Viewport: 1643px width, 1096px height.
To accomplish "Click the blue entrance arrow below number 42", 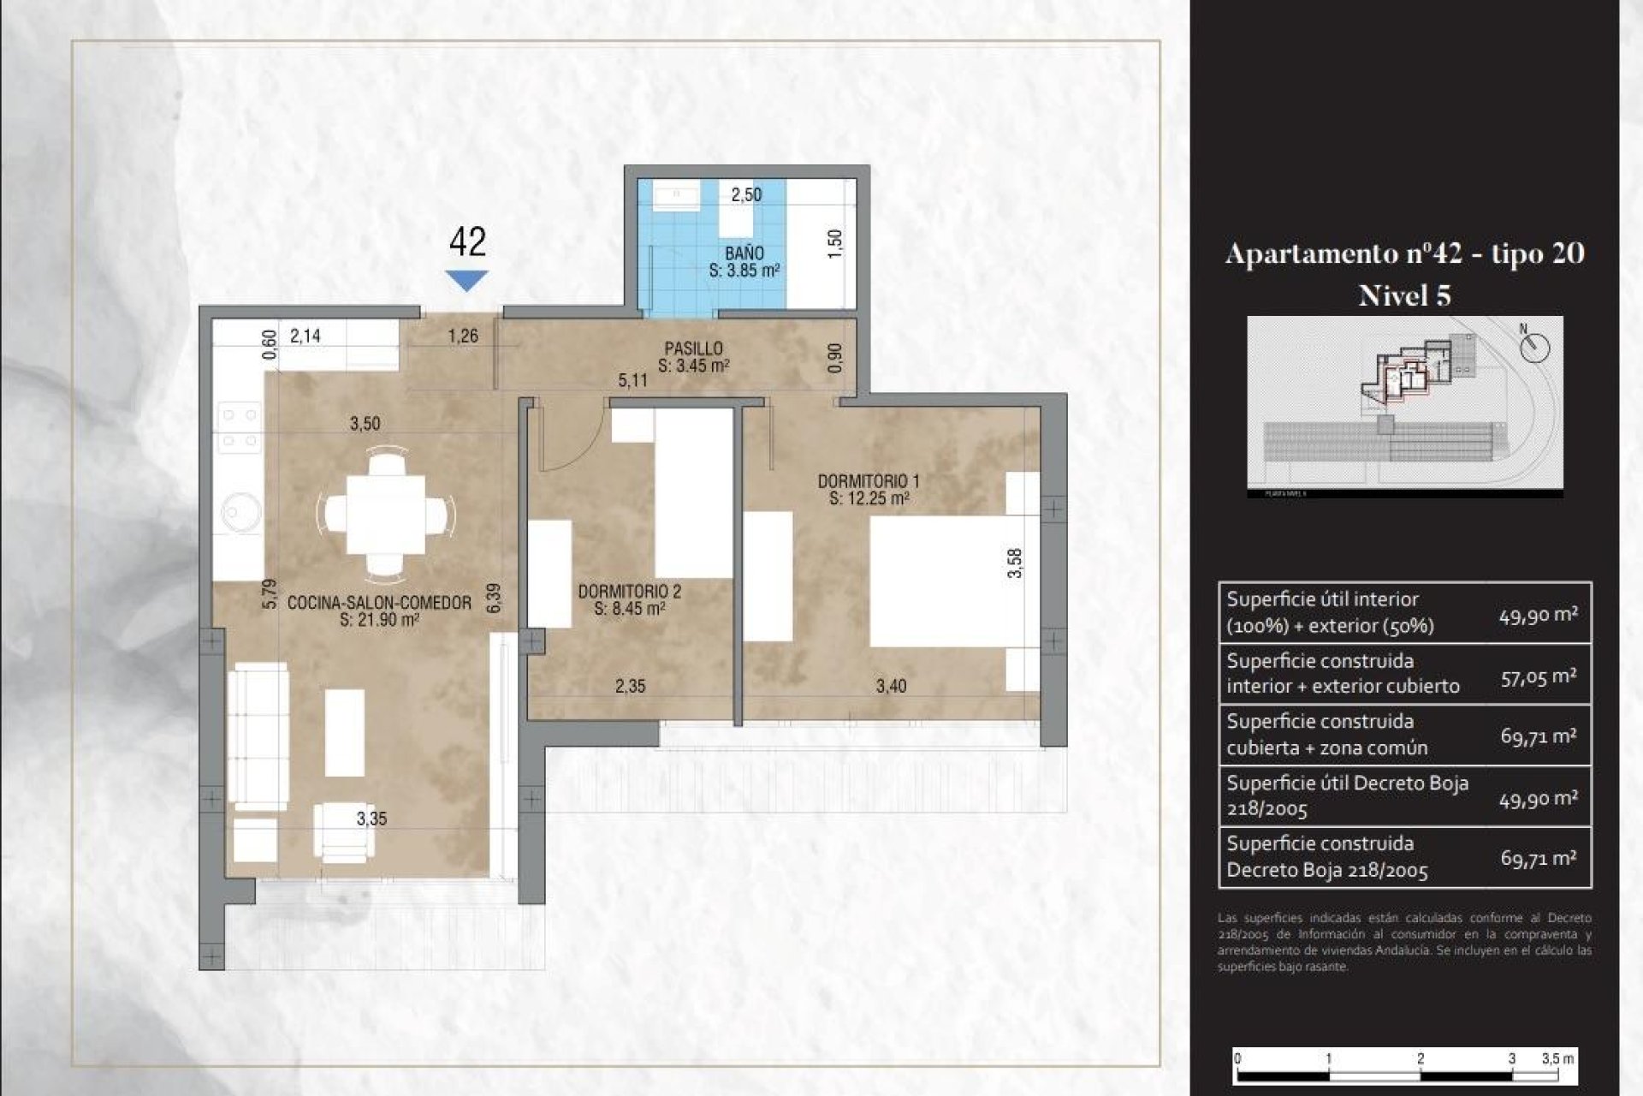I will pos(466,279).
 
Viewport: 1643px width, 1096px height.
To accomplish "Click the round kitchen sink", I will pos(240,512).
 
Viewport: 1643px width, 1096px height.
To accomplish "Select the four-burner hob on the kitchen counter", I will pos(240,427).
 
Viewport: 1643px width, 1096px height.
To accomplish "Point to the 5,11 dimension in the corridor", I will pos(632,380).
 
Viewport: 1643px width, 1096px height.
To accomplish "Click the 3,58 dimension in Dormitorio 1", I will pos(1014,563).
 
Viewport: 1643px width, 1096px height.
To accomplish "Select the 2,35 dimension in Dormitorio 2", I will pos(630,686).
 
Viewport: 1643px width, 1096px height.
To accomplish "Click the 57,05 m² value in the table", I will pos(1538,676).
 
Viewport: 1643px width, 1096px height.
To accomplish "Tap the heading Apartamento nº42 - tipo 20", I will pos(1404,253).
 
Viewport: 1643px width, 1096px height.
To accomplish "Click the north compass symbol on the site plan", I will pos(1535,347).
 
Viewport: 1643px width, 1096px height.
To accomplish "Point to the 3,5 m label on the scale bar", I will pos(1557,1058).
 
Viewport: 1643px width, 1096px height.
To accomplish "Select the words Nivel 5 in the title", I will pos(1404,295).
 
